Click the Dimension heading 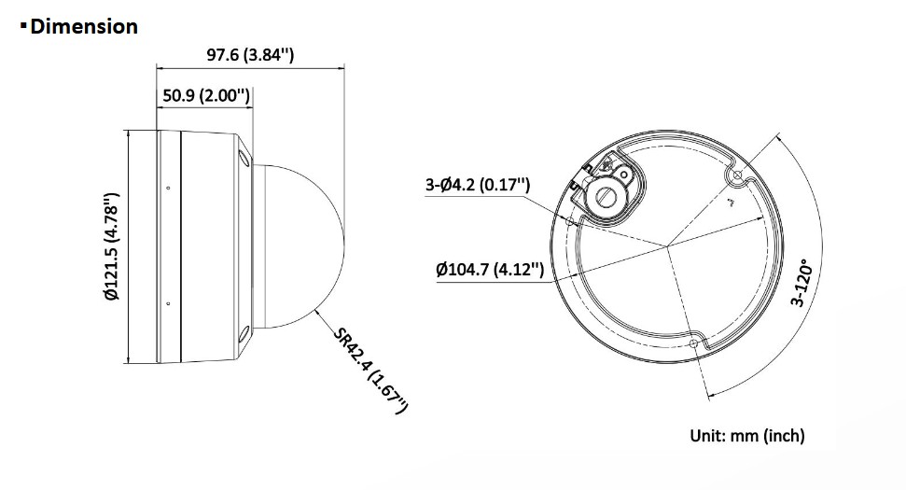(x=84, y=26)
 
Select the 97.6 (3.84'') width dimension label (x=250, y=55)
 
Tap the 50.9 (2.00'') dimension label (x=206, y=95)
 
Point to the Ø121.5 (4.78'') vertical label (x=110, y=246)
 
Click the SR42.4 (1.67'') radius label (x=371, y=371)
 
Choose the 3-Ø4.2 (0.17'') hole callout (x=478, y=185)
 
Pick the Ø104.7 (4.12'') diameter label (x=490, y=270)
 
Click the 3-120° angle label (x=802, y=286)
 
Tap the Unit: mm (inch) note (x=747, y=436)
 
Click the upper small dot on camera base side (x=168, y=188)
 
